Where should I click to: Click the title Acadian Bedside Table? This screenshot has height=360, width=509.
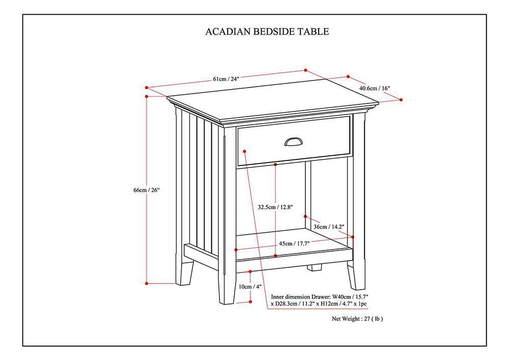point(267,32)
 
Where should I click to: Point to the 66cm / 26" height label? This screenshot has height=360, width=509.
point(147,190)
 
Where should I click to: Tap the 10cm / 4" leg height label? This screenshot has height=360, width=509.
point(250,287)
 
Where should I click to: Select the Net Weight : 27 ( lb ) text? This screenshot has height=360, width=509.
point(357,319)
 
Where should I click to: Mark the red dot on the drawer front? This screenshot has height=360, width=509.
point(245,151)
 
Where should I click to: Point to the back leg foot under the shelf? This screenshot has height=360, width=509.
point(314,267)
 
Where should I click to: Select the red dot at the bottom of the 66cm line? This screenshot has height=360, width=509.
point(147,283)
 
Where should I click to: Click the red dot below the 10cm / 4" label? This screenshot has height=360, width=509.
point(250,302)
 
